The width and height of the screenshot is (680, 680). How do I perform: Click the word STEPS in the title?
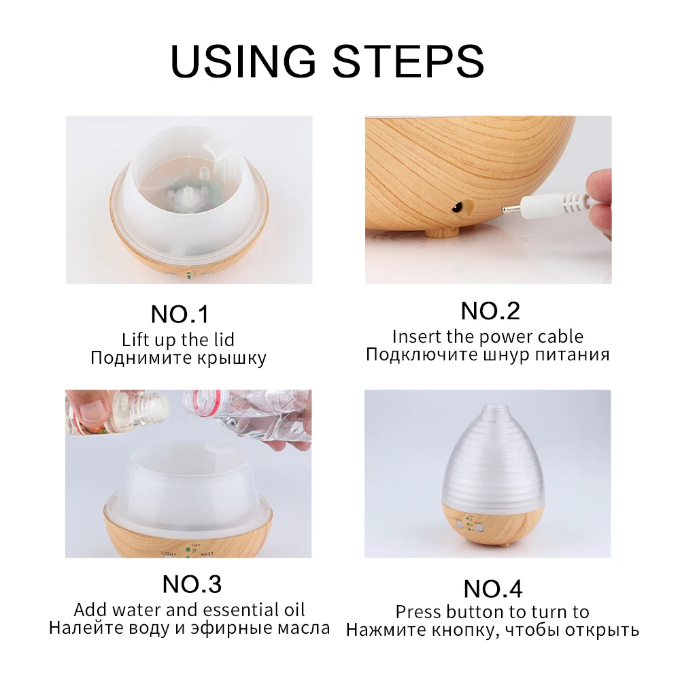pyautogui.click(x=408, y=61)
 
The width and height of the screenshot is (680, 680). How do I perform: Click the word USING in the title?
pyautogui.click(x=243, y=61)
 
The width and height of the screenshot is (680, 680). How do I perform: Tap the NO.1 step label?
pyautogui.click(x=180, y=314)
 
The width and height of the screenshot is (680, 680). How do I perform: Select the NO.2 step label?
pyautogui.click(x=490, y=311)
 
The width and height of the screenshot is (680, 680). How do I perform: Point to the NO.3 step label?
pyautogui.click(x=192, y=584)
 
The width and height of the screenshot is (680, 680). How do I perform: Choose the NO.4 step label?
pyautogui.click(x=492, y=589)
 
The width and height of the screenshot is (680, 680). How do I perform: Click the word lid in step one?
pyautogui.click(x=224, y=339)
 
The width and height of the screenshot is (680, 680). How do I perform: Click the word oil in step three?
pyautogui.click(x=294, y=610)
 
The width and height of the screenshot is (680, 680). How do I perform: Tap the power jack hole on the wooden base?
pyautogui.click(x=457, y=209)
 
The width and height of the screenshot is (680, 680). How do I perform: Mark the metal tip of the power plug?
pyautogui.click(x=512, y=211)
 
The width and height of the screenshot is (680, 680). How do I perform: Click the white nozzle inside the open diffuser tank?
pyautogui.click(x=188, y=193)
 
